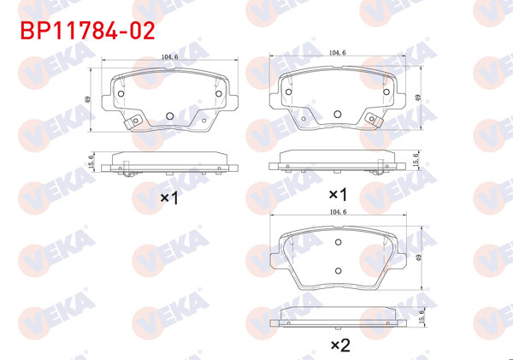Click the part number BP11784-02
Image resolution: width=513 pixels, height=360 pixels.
82,32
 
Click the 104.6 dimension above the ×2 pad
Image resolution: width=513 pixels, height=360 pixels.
339,210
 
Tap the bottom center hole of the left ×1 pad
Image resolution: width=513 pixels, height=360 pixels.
169,116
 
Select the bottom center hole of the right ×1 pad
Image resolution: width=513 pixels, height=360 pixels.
338,113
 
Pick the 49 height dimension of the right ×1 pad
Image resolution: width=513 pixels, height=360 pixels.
418,97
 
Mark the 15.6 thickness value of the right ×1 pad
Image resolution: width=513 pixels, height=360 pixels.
416,160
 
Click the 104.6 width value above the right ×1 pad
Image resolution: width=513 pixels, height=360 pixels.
339,53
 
